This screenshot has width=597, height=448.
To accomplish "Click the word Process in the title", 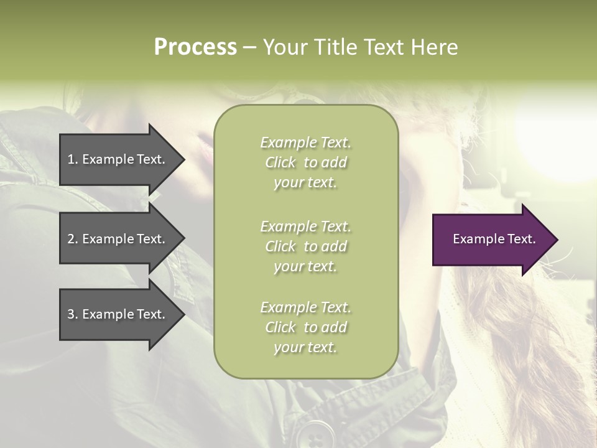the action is click(195, 47).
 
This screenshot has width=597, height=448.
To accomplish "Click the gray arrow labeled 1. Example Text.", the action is click(118, 159).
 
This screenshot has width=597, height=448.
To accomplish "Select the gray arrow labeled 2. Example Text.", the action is click(118, 239).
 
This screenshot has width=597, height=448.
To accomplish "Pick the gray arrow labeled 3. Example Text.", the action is click(118, 314).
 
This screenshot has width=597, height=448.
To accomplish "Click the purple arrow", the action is click(491, 240).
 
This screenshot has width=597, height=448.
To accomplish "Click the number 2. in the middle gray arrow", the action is click(73, 239).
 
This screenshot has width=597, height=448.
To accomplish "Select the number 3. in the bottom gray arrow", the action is click(73, 314).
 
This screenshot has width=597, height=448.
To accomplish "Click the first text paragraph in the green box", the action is click(305, 162).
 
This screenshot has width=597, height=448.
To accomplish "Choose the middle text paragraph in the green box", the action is click(305, 246).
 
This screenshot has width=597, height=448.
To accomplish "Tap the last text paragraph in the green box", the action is click(305, 327).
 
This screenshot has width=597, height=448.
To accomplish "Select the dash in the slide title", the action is click(249, 47).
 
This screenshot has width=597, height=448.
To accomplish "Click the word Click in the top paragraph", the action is click(280, 162).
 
